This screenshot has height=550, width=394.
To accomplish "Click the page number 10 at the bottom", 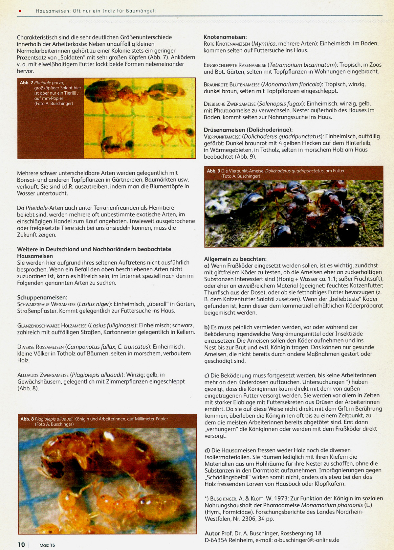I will click(x=21, y=544).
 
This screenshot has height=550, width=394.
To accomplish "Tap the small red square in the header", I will click(x=20, y=11).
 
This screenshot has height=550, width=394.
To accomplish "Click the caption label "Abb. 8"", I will click(x=27, y=419).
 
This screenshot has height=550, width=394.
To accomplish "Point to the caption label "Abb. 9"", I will click(x=213, y=171).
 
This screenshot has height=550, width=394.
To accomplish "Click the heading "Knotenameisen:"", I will click(x=225, y=37).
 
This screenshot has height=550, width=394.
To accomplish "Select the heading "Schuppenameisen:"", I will click(x=42, y=297).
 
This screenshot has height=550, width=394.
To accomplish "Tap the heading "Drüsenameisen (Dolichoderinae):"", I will click(x=248, y=130).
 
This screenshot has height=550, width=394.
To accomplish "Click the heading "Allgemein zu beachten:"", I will click(x=235, y=259).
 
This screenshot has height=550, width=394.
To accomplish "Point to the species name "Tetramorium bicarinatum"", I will click(x=302, y=65).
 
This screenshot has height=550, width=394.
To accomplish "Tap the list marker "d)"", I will click(x=207, y=450).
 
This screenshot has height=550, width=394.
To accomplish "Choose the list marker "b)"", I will click(x=207, y=327).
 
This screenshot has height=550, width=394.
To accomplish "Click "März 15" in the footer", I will click(x=47, y=545).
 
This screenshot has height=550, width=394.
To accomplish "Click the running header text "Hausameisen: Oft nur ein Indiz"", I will click(x=72, y=11).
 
